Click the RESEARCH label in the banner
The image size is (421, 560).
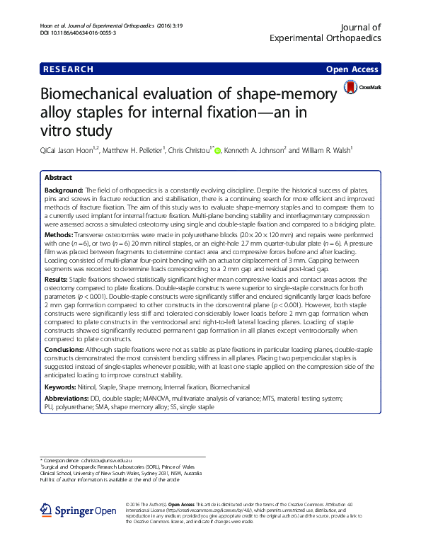point(68,69)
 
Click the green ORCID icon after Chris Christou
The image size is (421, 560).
point(218,150)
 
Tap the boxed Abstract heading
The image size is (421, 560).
point(59,178)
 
